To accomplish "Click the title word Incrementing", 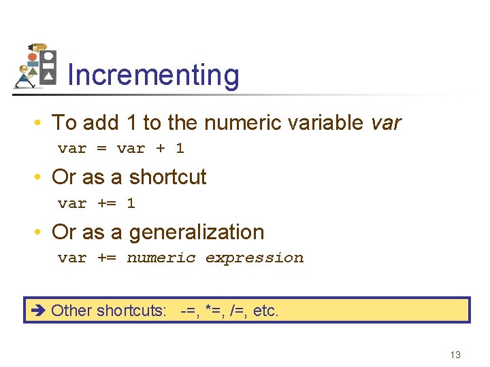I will [x=153, y=75].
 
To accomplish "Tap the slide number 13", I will [x=455, y=355].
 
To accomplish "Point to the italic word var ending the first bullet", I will [x=387, y=123].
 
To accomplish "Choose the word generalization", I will [x=196, y=232].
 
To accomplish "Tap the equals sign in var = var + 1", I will [x=102, y=148].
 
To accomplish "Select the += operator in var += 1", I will [x=107, y=203].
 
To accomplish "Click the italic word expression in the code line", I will [x=254, y=258].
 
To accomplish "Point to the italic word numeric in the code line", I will [x=161, y=258].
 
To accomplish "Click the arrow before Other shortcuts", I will [x=37, y=311].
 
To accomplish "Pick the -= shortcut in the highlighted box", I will [x=189, y=311].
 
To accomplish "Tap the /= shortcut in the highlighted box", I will [x=238, y=311].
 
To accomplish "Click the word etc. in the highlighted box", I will [x=266, y=311].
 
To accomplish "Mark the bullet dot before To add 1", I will [x=42, y=123].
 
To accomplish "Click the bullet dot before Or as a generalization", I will [x=42, y=232].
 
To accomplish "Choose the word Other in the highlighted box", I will [x=71, y=311].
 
